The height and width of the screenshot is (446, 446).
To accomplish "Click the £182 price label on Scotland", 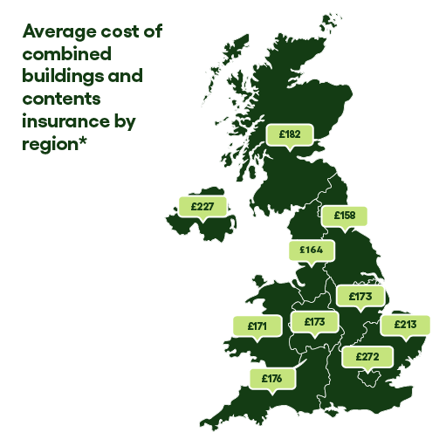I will [290, 134].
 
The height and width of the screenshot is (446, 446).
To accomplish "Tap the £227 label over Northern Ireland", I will [202, 206].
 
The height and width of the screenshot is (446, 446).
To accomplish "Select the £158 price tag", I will [345, 215].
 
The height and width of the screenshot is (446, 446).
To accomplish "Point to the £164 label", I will [312, 250].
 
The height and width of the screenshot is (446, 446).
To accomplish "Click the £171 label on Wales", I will [257, 326].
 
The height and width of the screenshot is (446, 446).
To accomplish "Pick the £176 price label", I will [271, 379].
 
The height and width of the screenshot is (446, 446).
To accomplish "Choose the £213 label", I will [405, 325].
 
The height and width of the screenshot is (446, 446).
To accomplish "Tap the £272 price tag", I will [367, 356].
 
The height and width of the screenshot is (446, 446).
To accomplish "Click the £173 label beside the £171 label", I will [314, 322].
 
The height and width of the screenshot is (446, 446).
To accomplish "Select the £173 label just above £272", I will [360, 297].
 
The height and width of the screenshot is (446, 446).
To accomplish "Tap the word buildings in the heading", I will [61, 77].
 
